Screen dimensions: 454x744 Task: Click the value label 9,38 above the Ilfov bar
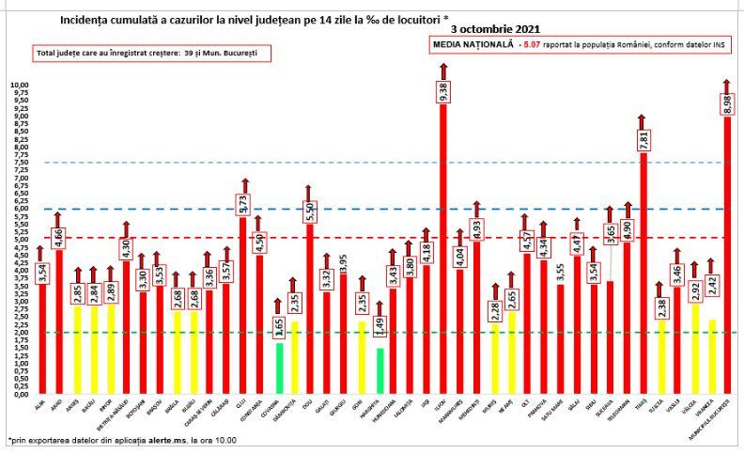click(442, 90)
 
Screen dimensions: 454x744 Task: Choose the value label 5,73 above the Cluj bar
click(242, 201)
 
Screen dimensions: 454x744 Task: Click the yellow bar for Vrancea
click(711, 356)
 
